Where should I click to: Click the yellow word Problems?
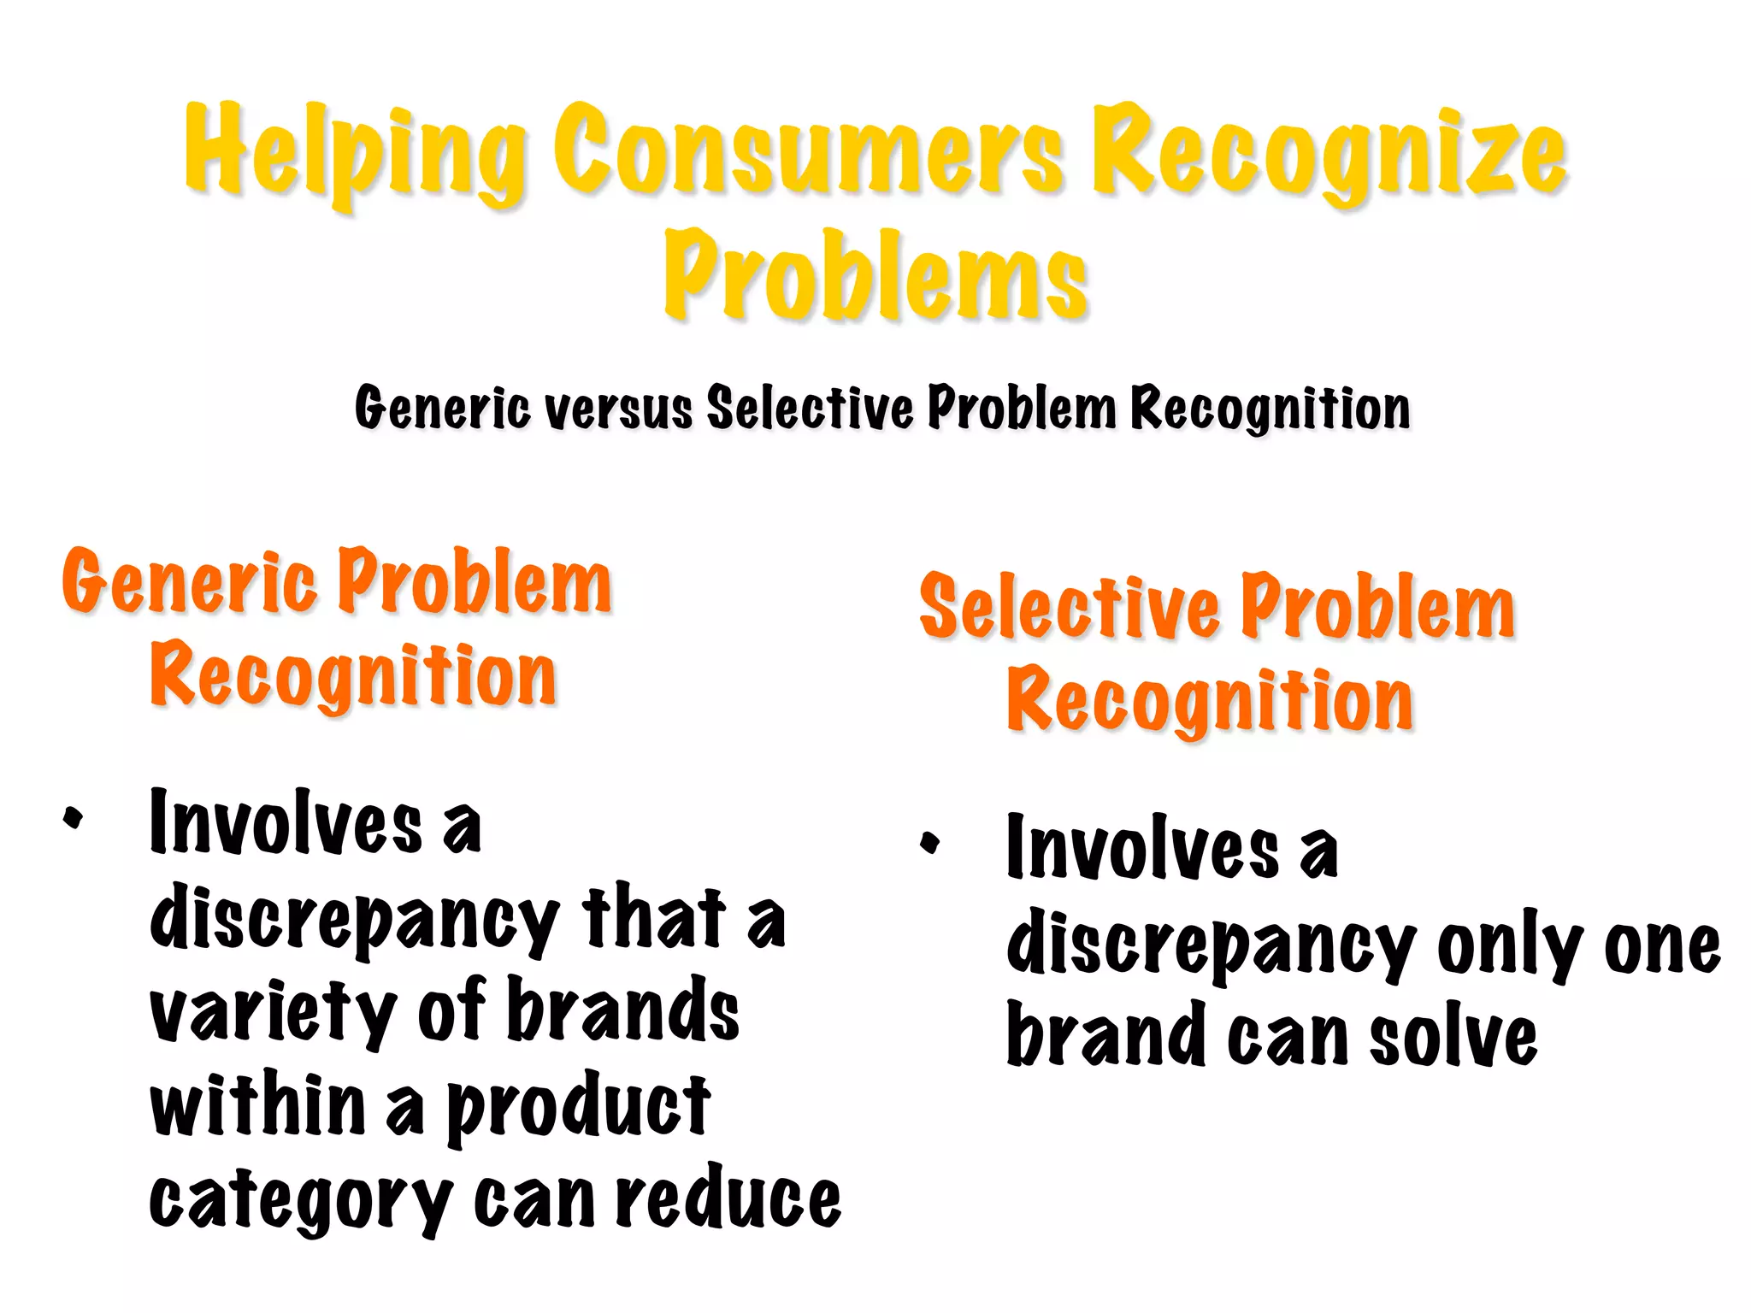(875, 275)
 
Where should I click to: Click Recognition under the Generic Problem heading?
(353, 676)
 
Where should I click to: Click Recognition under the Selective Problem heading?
(1210, 702)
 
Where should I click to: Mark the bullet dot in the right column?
(930, 843)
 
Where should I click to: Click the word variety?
(273, 1012)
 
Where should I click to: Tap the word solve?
(1453, 1037)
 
